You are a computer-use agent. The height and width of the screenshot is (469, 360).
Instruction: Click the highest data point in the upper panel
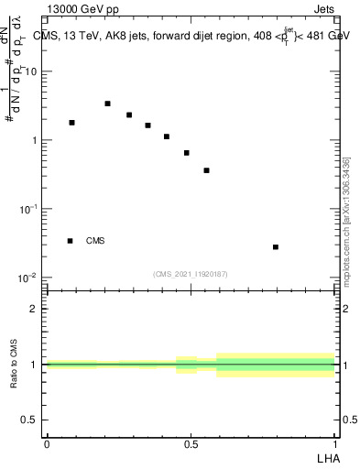pyautogui.click(x=107, y=104)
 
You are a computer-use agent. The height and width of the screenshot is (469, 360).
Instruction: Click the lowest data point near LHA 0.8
pyautogui.click(x=276, y=247)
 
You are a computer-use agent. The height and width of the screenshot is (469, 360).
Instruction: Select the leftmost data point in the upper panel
pyautogui.click(x=71, y=123)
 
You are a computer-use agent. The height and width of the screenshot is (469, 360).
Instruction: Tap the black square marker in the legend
pyautogui.click(x=70, y=241)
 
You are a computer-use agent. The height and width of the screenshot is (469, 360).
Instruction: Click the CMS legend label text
pyautogui.click(x=95, y=241)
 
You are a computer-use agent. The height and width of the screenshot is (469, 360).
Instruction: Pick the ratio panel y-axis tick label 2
pyautogui.click(x=34, y=309)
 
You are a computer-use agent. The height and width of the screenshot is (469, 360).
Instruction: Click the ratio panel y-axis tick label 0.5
pyautogui.click(x=29, y=420)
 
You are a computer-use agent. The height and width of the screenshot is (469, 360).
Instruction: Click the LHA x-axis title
pyautogui.click(x=327, y=457)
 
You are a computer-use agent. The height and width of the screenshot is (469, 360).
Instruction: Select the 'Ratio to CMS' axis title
pyautogui.click(x=14, y=365)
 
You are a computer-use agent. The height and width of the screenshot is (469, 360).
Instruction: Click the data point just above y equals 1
pyautogui.click(x=167, y=136)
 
